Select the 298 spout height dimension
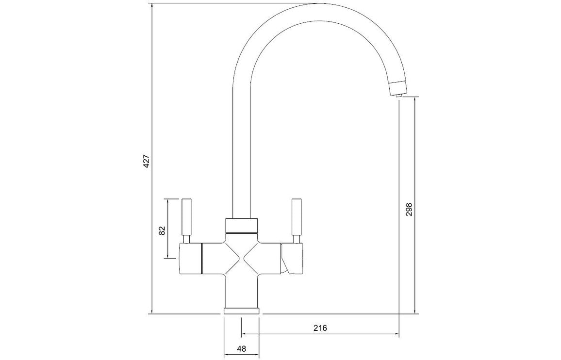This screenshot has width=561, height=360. coord(409,209)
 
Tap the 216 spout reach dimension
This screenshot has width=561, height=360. coord(320,328)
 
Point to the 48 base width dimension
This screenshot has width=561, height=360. coord(242,348)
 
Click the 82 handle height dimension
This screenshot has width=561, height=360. coord(162,230)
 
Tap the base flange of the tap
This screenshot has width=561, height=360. coord(242,310)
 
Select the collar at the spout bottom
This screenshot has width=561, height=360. coord(242,225)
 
